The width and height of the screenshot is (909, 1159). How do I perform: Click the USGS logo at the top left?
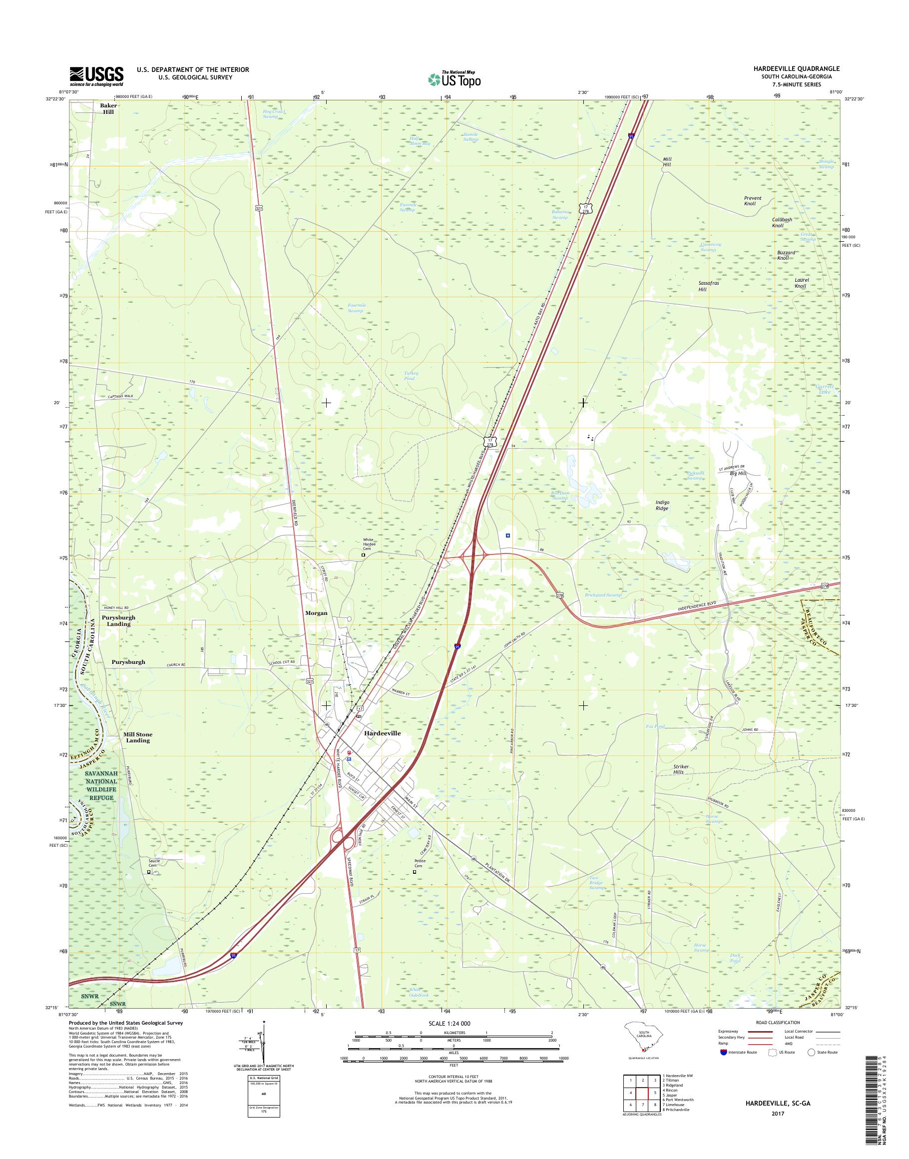(96, 76)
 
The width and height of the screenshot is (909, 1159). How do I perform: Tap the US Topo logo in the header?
(454, 79)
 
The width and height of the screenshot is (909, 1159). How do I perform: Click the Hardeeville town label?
(382, 733)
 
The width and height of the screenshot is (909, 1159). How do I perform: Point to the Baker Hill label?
(108, 108)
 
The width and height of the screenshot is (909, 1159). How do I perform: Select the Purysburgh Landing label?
(119, 621)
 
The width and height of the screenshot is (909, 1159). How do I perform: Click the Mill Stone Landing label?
(138, 737)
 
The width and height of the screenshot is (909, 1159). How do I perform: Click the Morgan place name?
(316, 613)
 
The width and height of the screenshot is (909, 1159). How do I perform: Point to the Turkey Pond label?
(411, 376)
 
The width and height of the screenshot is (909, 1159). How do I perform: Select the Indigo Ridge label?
(663, 505)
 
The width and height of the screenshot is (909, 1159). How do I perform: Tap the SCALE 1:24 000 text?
(449, 1023)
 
